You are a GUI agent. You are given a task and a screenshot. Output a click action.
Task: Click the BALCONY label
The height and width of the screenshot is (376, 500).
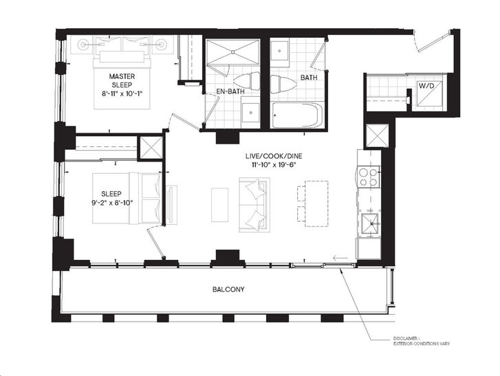point(228,289)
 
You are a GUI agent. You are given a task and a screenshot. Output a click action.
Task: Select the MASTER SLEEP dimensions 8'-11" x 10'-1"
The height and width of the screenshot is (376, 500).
point(122,93)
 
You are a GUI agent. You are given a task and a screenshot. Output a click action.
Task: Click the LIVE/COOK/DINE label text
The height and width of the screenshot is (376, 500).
point(274,156)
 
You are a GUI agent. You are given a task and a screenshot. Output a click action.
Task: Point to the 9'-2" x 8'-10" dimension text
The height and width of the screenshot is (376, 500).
point(111,203)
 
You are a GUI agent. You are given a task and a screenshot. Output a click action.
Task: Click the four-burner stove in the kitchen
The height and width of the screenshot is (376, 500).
point(369,177)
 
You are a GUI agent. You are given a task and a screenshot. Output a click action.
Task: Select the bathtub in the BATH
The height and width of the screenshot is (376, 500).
point(297,115)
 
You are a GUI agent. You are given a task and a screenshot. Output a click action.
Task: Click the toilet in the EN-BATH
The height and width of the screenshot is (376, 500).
point(247,82)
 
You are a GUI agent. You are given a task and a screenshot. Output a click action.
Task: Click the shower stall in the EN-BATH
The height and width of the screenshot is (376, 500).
point(232,52)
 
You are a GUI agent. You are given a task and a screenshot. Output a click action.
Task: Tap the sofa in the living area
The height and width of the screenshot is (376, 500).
point(254,205)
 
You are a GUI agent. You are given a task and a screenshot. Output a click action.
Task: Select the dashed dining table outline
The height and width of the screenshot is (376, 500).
point(316,203)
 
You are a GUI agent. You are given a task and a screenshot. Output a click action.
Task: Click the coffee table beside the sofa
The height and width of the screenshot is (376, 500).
point(219,205)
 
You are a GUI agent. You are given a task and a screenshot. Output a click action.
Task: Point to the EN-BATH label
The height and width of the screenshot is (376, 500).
point(230,91)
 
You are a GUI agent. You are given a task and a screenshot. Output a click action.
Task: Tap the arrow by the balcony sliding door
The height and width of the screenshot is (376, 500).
point(340,258)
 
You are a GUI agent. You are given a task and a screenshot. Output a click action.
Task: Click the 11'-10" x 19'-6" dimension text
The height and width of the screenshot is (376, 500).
point(274,165)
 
